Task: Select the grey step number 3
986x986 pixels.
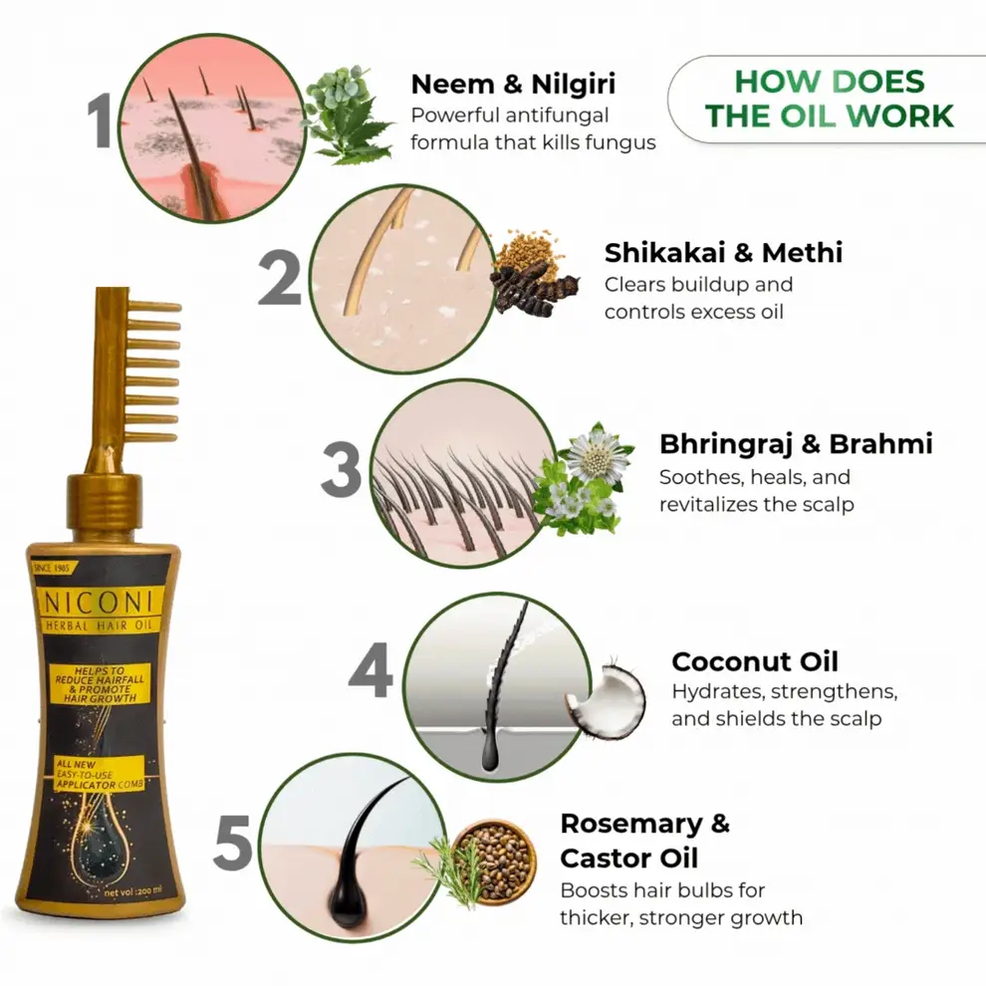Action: coord(342,471)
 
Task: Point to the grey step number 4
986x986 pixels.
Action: coord(371,673)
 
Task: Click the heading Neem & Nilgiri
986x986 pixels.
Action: coord(514,84)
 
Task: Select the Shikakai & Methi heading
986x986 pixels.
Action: coord(723,253)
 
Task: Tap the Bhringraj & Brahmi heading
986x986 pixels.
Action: coord(796,443)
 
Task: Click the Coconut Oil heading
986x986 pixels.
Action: coord(755,661)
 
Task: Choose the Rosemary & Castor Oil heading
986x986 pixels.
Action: coord(644,841)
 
